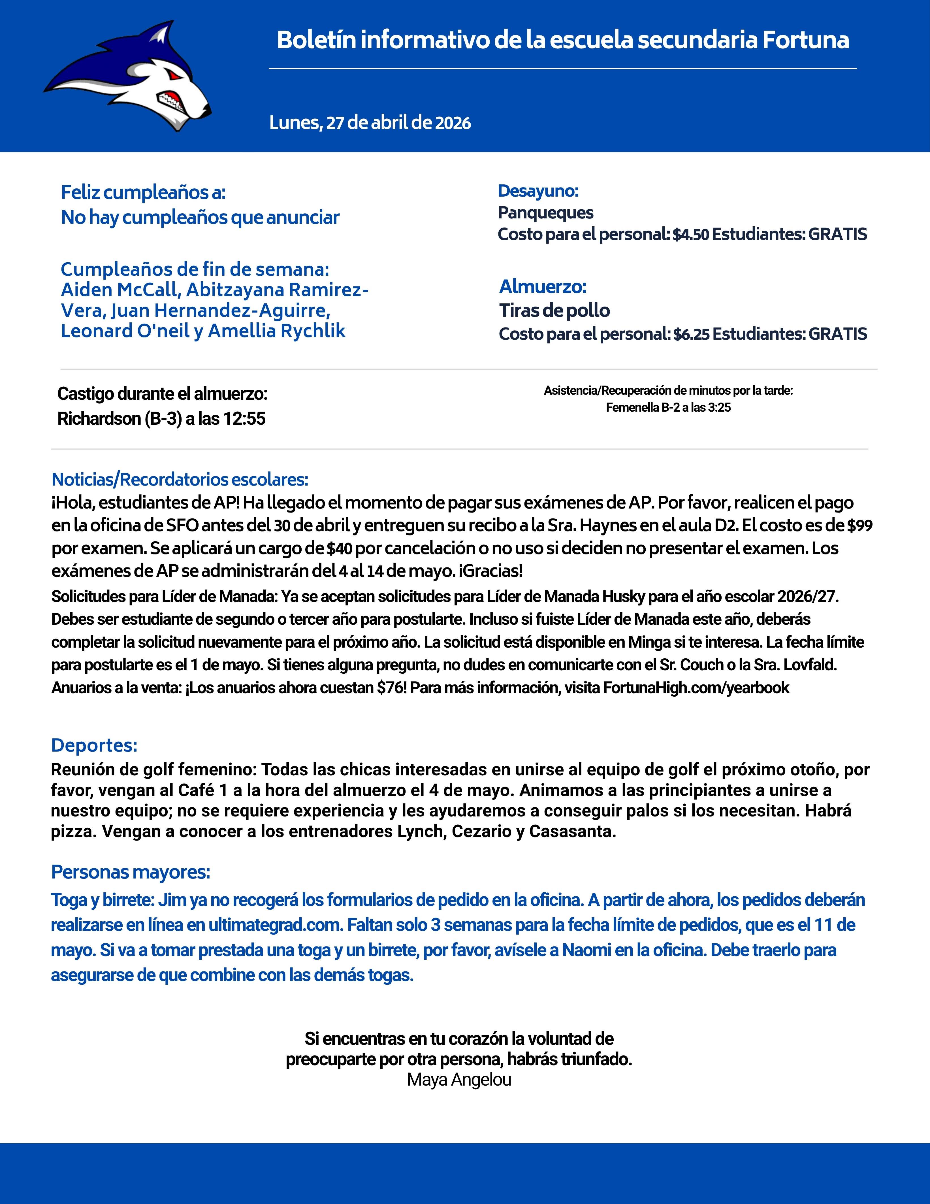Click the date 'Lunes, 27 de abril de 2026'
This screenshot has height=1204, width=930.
click(370, 122)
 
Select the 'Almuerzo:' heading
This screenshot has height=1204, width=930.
click(543, 287)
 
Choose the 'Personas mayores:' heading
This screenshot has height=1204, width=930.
click(131, 872)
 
